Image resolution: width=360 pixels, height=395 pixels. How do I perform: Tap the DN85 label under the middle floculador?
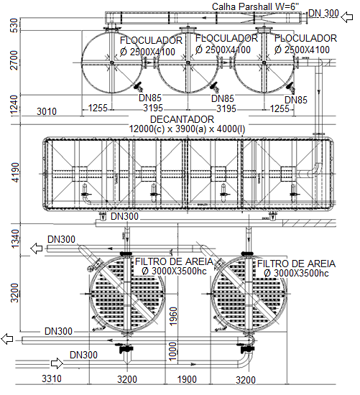click(x=223, y=98)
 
